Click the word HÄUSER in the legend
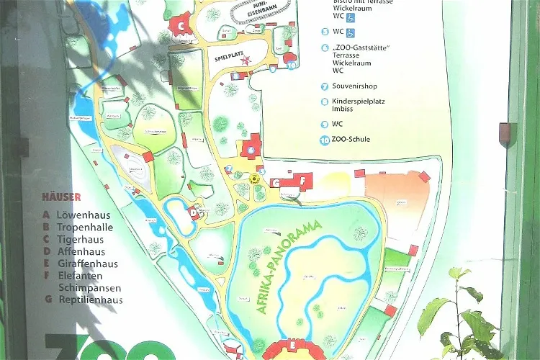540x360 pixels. coord(61,197)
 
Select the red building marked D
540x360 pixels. coord(193,212)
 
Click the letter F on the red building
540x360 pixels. coord(303,180)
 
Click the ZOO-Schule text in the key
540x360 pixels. coord(351,139)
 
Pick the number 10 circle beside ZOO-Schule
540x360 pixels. coord(325,139)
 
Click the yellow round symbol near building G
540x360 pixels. coord(253,176)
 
